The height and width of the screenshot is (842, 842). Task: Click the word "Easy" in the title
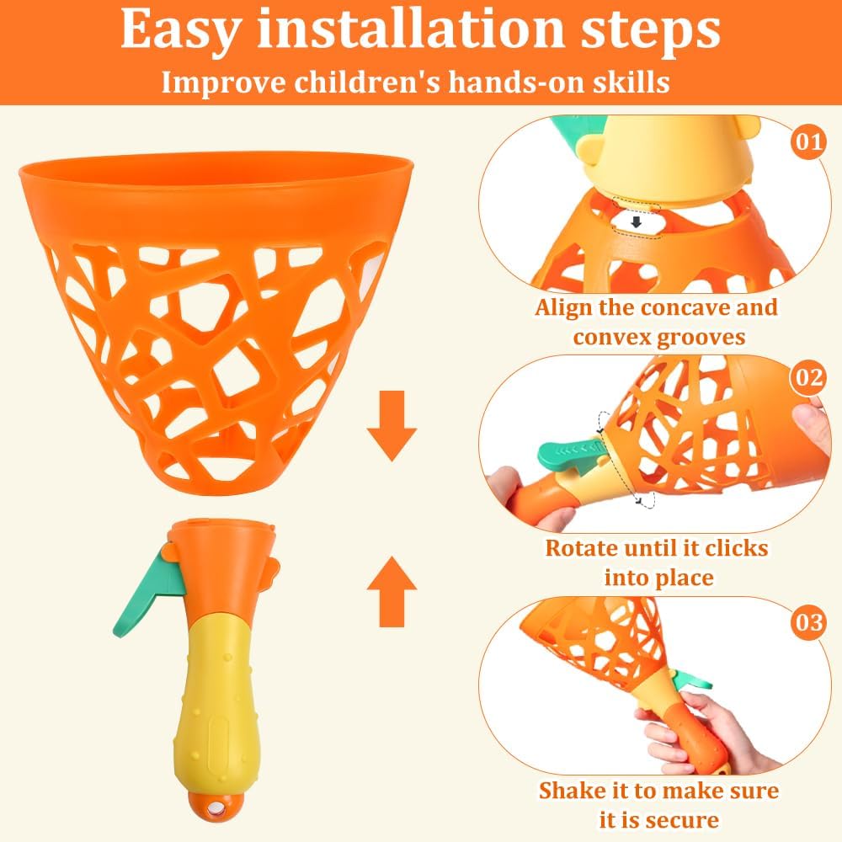pos(179,30)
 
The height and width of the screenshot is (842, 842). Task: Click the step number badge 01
pos(808,141)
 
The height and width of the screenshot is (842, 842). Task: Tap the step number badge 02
pos(808,377)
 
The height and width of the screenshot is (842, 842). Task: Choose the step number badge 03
pos(808,622)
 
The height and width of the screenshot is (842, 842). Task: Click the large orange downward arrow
pos(392,426)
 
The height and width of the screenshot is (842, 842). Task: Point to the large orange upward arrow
pos(392,591)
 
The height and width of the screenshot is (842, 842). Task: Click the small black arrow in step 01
pos(637,221)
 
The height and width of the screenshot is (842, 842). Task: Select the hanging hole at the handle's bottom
pos(217,808)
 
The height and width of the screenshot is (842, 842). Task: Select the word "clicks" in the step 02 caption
pos(736,548)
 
